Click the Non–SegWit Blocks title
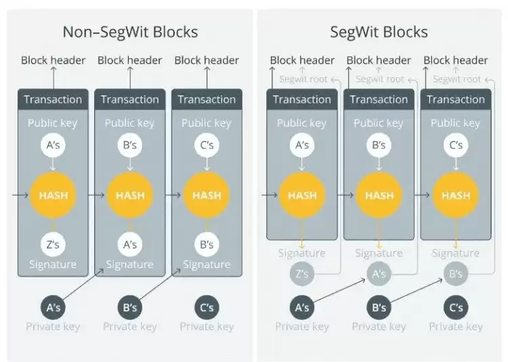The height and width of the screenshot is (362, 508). (130, 32)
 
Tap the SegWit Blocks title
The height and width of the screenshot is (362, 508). (379, 32)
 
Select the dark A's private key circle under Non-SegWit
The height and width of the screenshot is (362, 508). (53, 307)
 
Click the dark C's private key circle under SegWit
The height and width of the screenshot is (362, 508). (456, 307)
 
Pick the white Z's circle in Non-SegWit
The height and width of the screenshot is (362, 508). (53, 244)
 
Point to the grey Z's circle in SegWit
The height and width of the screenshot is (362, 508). (302, 274)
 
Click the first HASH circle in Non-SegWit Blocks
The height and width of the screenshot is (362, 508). (53, 196)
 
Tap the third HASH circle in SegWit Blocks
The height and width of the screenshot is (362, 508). (456, 196)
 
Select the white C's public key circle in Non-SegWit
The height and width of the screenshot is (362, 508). (207, 145)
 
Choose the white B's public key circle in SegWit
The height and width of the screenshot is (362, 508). (379, 145)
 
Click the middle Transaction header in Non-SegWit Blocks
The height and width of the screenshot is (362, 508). (129, 99)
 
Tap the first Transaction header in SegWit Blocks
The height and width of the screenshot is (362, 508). (302, 99)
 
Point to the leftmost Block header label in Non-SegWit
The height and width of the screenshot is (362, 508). (53, 60)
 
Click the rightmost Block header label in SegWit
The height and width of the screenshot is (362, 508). (456, 60)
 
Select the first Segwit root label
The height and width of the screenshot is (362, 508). (302, 79)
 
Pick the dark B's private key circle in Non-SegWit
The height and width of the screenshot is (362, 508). (129, 307)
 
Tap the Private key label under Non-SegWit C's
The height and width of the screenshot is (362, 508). (207, 327)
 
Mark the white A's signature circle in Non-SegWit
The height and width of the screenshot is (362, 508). (129, 244)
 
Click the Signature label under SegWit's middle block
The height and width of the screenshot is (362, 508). (379, 253)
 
